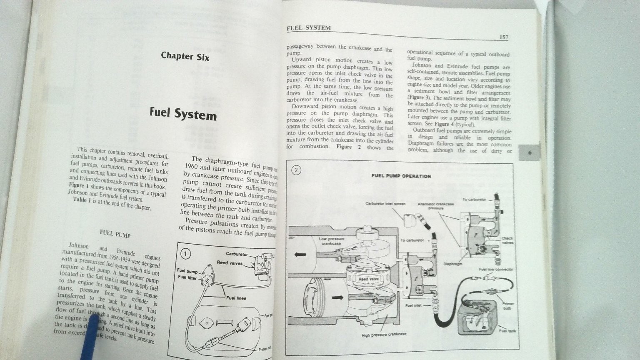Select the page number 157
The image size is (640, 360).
(503, 37)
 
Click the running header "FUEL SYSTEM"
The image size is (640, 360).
(309, 28)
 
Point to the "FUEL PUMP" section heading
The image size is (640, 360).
(115, 235)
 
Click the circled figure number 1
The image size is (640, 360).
(186, 254)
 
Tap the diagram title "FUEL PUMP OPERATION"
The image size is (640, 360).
(401, 176)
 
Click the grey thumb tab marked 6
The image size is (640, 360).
(530, 152)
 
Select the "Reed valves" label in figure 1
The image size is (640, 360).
(230, 263)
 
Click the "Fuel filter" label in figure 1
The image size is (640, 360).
(187, 277)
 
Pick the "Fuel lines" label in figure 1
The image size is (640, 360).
(236, 298)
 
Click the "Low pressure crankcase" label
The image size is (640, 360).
(331, 241)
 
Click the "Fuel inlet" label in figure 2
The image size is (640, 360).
(413, 305)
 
